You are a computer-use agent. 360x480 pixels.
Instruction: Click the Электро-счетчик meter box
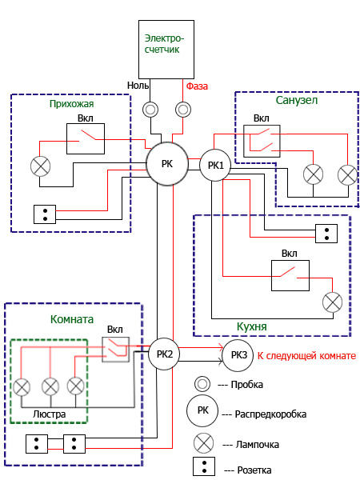[x=166, y=50]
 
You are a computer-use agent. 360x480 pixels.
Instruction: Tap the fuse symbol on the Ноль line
[x=150, y=110]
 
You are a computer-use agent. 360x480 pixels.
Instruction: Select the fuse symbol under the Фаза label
[x=183, y=110]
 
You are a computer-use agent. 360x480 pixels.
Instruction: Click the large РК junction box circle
[x=167, y=164]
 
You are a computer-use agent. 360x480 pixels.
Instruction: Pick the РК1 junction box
[x=215, y=166]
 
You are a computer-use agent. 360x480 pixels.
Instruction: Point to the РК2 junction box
[x=164, y=354]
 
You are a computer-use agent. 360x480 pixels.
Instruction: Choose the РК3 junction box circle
[x=238, y=355]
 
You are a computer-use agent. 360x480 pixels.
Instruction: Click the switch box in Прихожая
[x=86, y=138]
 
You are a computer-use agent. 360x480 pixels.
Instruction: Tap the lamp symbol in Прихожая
[x=41, y=166]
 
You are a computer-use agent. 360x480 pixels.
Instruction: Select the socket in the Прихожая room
[x=45, y=214]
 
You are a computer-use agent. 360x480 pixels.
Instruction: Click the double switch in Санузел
[x=262, y=141]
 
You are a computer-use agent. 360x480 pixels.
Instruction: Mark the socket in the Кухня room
[x=326, y=234]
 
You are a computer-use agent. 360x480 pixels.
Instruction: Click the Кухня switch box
[x=290, y=275]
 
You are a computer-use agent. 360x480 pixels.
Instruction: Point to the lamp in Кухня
[x=333, y=302]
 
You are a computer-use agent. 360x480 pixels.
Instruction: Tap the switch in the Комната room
[x=115, y=350]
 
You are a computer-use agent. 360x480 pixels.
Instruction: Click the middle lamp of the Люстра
[x=50, y=387]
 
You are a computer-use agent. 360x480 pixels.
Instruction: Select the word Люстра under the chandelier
[x=50, y=414]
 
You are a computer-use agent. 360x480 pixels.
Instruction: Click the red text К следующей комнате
[x=306, y=356]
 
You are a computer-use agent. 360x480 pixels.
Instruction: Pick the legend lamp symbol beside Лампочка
[x=203, y=443]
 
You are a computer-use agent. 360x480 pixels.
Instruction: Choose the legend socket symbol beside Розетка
[x=204, y=466]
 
